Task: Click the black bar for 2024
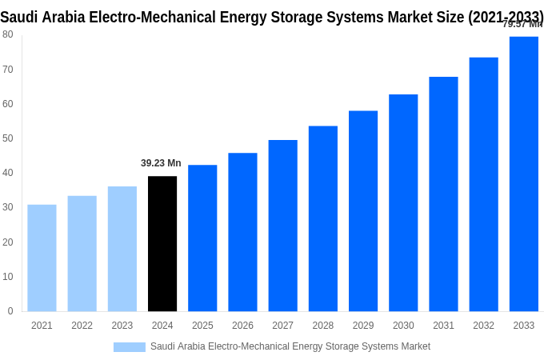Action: tap(162, 244)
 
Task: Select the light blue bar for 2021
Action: tap(42, 258)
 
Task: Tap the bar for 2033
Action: tap(524, 174)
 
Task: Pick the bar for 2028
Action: tap(323, 218)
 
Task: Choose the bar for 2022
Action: tap(82, 254)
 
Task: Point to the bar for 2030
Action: tap(403, 202)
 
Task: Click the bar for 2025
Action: tap(202, 238)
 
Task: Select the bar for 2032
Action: tap(483, 184)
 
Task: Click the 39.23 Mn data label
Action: tap(161, 163)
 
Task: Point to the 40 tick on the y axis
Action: tap(7, 173)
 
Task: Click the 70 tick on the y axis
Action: tap(7, 70)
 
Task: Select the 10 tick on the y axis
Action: tap(7, 277)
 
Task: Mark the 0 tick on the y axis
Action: tap(10, 311)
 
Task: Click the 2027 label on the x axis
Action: tap(282, 326)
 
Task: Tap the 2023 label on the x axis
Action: tap(122, 326)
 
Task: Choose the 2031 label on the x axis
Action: tap(443, 326)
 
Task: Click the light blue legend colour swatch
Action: tap(129, 347)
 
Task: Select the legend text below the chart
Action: tap(290, 346)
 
